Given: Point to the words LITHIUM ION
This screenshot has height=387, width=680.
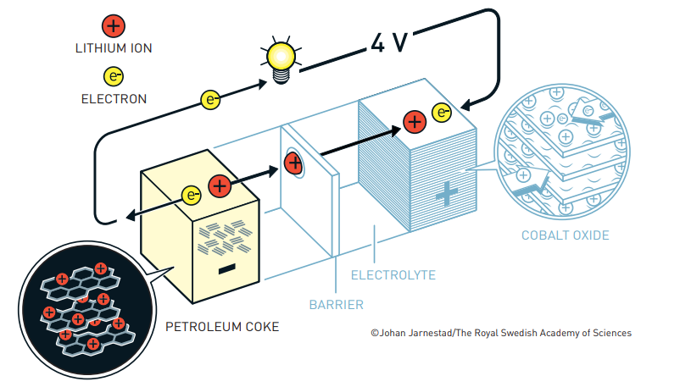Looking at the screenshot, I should [x=114, y=48].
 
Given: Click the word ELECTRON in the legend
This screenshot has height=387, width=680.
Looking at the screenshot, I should [x=114, y=99].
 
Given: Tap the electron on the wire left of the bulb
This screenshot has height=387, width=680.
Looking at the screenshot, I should [x=211, y=99].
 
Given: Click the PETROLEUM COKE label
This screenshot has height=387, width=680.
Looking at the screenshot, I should [x=221, y=326].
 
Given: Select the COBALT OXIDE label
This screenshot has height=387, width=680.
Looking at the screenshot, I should [x=565, y=235].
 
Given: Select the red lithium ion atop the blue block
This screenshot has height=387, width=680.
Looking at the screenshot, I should [x=414, y=122].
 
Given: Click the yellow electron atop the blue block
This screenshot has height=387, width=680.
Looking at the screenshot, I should [x=441, y=112].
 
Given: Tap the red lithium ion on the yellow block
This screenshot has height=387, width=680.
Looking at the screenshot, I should [x=219, y=185].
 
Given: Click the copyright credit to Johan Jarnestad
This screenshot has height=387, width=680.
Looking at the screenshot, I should [x=500, y=333].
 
